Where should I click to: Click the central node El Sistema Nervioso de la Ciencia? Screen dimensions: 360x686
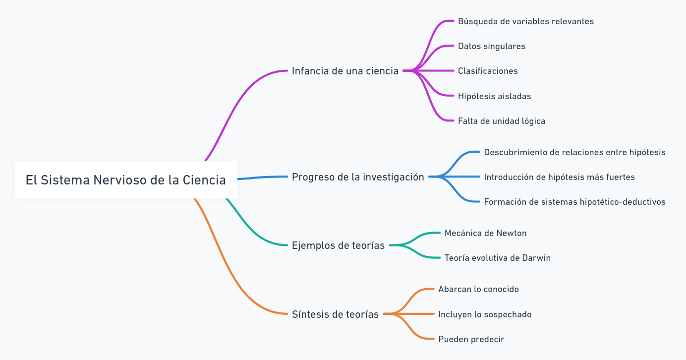click(x=126, y=180)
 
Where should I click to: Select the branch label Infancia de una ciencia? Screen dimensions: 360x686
click(x=345, y=71)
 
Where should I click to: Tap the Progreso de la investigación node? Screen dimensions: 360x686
click(x=358, y=177)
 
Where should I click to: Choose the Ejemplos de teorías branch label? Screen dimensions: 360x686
click(x=338, y=245)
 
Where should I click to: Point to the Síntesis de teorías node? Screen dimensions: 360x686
click(x=335, y=314)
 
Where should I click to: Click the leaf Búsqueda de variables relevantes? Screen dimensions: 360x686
click(x=525, y=21)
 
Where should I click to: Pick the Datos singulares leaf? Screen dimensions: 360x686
click(x=491, y=46)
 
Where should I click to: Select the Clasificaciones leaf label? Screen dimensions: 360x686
click(x=488, y=71)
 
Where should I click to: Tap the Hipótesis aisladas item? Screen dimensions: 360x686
click(x=494, y=96)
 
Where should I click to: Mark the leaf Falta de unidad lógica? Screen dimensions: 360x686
click(x=501, y=121)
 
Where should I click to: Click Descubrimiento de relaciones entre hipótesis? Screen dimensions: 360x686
click(x=574, y=152)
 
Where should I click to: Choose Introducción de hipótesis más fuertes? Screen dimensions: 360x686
click(x=559, y=177)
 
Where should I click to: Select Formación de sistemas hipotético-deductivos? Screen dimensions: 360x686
click(x=574, y=202)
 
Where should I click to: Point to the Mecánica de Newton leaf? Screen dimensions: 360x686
click(x=485, y=233)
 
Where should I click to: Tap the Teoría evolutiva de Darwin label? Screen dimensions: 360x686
click(x=497, y=258)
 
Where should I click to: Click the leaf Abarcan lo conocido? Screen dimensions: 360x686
click(x=478, y=289)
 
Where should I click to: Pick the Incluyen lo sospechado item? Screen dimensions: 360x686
click(x=485, y=314)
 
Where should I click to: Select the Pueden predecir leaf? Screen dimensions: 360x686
click(x=471, y=339)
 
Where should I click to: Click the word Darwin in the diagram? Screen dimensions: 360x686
click(x=536, y=258)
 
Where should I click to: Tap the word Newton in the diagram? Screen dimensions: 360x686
click(x=512, y=233)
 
